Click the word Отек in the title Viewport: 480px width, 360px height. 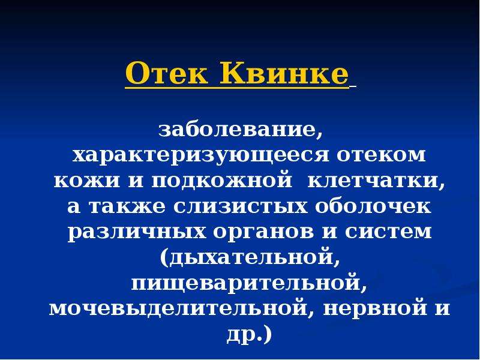click(167, 73)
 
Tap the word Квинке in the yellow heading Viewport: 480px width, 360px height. click(284, 73)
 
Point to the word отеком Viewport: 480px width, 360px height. click(382, 155)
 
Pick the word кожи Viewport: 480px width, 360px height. click(87, 181)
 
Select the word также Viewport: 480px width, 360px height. click(127, 206)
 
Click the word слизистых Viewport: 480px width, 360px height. click(241, 206)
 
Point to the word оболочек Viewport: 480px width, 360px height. click(373, 206)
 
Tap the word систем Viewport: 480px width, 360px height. click(388, 232)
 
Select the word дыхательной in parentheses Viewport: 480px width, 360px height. click(250, 257)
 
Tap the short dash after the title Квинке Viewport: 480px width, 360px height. click(352, 88)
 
